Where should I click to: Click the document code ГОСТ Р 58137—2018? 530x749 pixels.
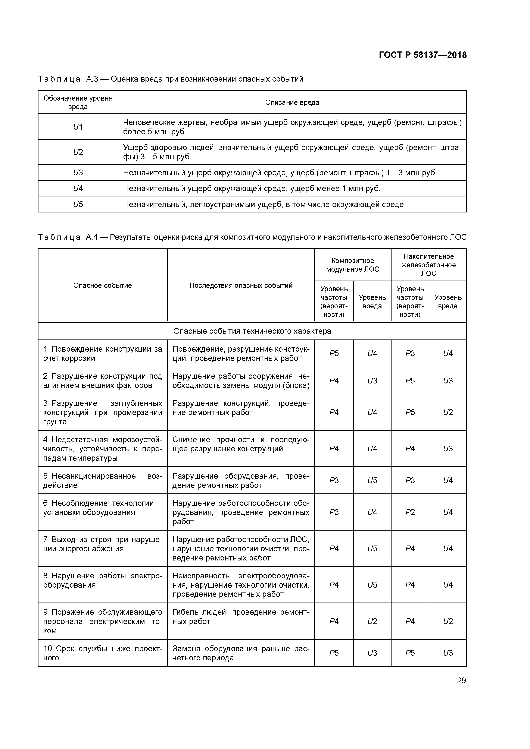[423, 55]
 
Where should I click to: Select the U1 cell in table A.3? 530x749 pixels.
[78, 127]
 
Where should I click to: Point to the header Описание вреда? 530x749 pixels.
[292, 102]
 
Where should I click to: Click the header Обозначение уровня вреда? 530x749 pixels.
[78, 102]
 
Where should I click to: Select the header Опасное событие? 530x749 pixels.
[103, 285]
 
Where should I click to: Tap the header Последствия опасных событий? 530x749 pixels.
[241, 285]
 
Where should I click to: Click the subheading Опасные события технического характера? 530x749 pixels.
[252, 331]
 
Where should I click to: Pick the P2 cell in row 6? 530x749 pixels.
[410, 512]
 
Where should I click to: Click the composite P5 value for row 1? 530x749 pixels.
[334, 354]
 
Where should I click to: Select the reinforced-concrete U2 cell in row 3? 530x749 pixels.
[448, 412]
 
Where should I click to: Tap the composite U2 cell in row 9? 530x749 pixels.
[372, 621]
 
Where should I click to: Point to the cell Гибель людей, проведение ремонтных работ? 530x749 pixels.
[241, 617]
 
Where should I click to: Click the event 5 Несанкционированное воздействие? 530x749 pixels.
[103, 481]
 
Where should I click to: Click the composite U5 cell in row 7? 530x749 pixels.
[372, 548]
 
